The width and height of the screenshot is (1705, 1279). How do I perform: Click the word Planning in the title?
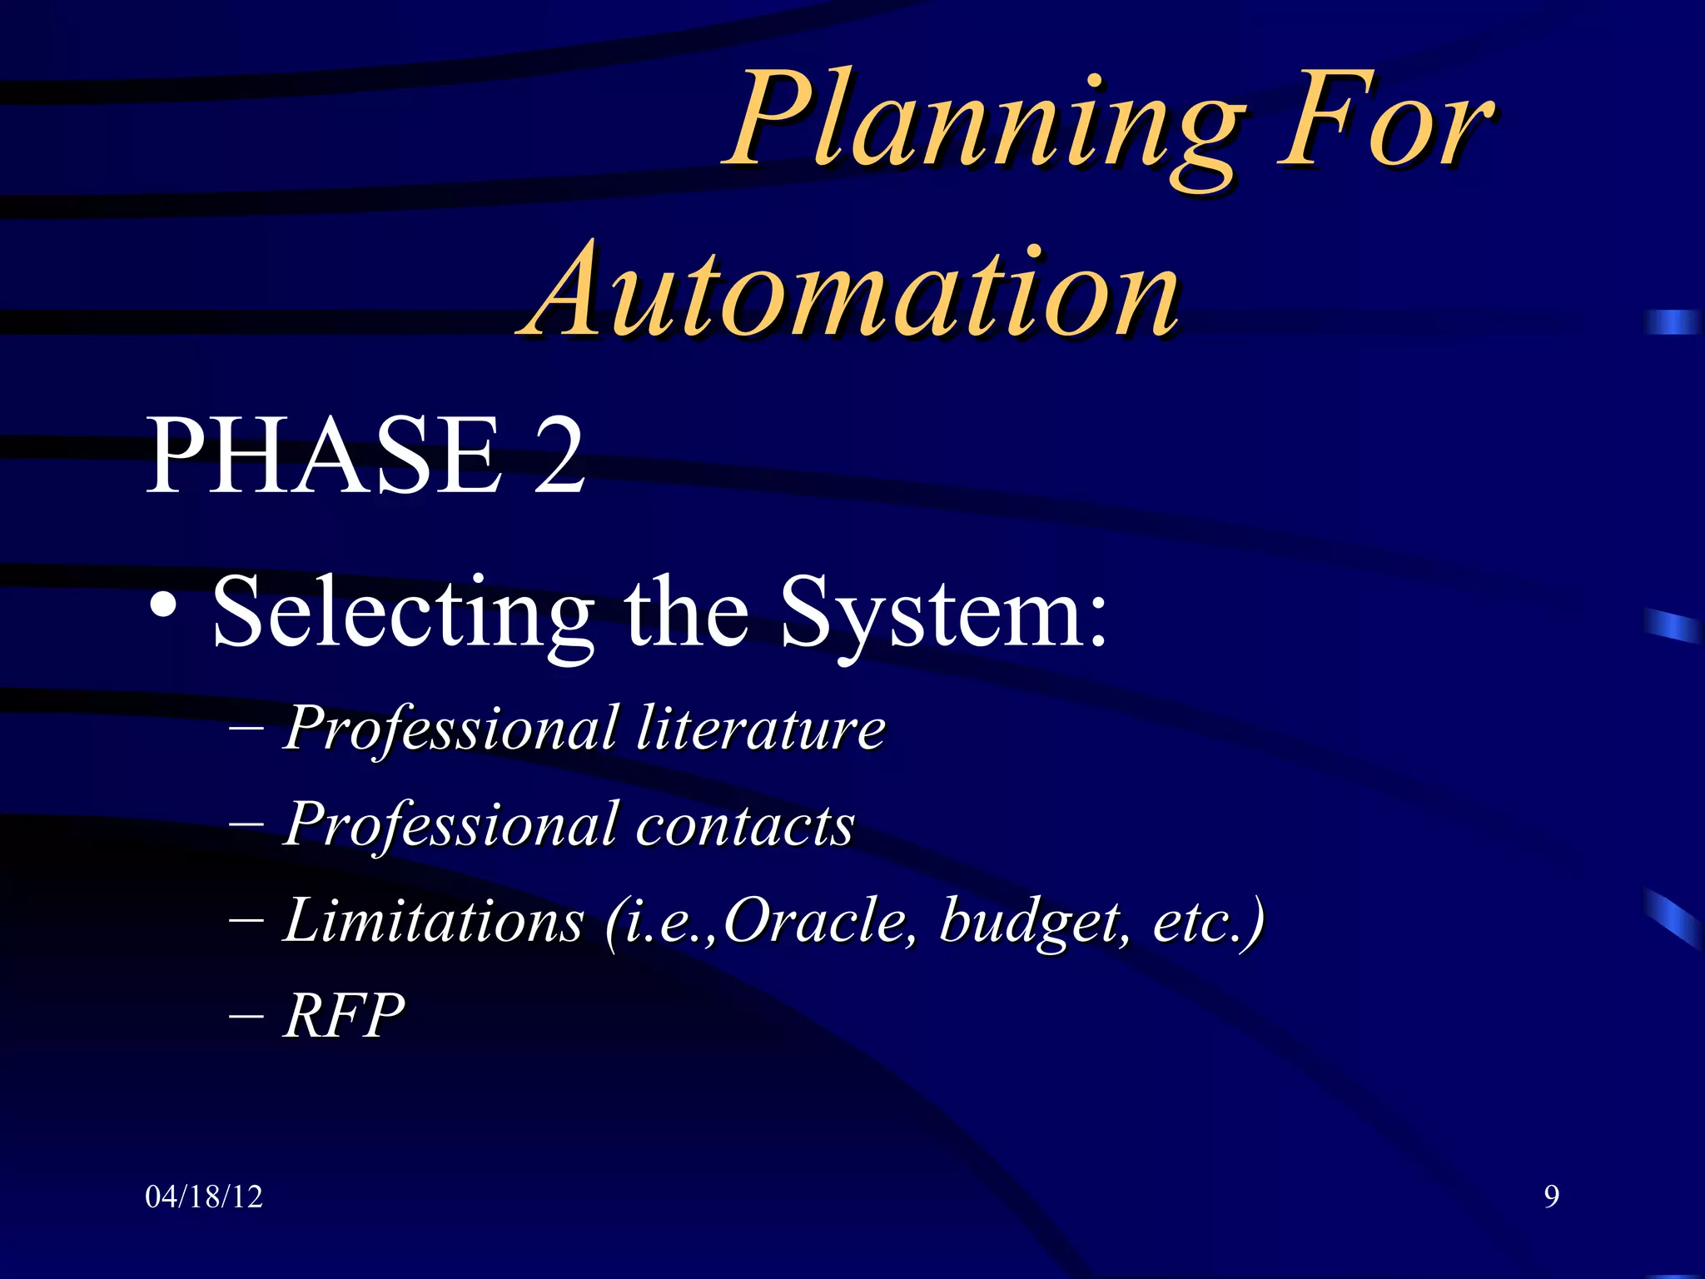click(x=982, y=125)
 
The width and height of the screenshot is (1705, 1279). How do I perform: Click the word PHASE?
click(x=325, y=456)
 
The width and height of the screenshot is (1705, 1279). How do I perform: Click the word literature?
click(x=761, y=728)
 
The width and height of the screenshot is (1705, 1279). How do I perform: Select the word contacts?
click(x=745, y=824)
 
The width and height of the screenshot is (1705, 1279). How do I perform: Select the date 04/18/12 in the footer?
click(x=204, y=1197)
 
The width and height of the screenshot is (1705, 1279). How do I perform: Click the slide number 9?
click(x=1551, y=1197)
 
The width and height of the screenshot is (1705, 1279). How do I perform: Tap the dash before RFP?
click(x=246, y=1018)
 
